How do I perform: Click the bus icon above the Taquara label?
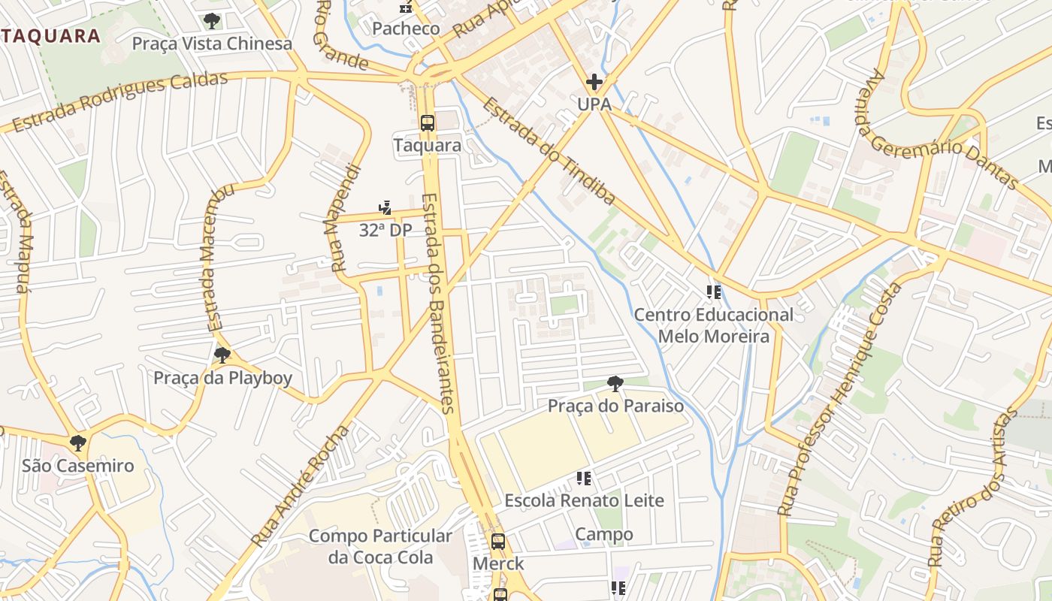pyautogui.click(x=427, y=123)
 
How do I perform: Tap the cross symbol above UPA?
pyautogui.click(x=594, y=82)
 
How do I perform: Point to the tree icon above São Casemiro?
pyautogui.click(x=77, y=443)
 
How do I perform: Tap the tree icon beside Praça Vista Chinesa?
pyautogui.click(x=212, y=21)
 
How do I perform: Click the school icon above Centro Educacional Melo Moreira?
pyautogui.click(x=713, y=291)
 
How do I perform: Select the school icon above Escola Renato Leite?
pyautogui.click(x=583, y=478)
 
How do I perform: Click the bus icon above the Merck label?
pyautogui.click(x=497, y=542)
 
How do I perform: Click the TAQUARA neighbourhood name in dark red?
pyautogui.click(x=50, y=36)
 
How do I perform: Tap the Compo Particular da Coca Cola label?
pyautogui.click(x=380, y=547)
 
